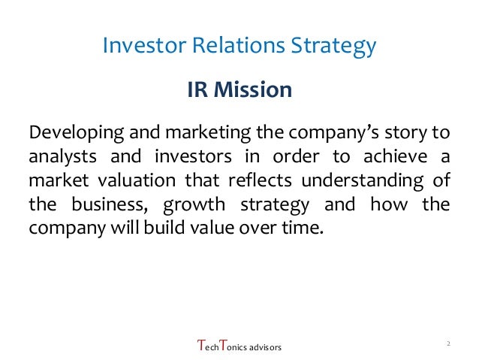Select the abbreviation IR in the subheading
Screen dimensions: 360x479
[x=197, y=91]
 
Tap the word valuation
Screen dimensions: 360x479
[x=133, y=181]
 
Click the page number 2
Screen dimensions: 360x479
[x=447, y=343]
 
